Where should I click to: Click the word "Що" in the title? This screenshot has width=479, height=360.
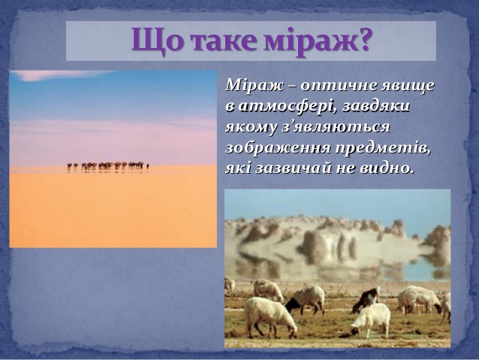tap(153, 41)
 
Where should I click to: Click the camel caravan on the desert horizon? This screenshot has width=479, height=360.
tap(105, 165)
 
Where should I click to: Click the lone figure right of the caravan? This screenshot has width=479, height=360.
tap(148, 165)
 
